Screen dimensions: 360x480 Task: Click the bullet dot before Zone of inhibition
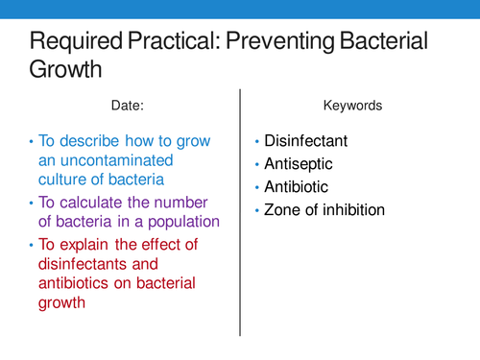[x=258, y=210]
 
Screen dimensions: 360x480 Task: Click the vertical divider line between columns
[x=240, y=211]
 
